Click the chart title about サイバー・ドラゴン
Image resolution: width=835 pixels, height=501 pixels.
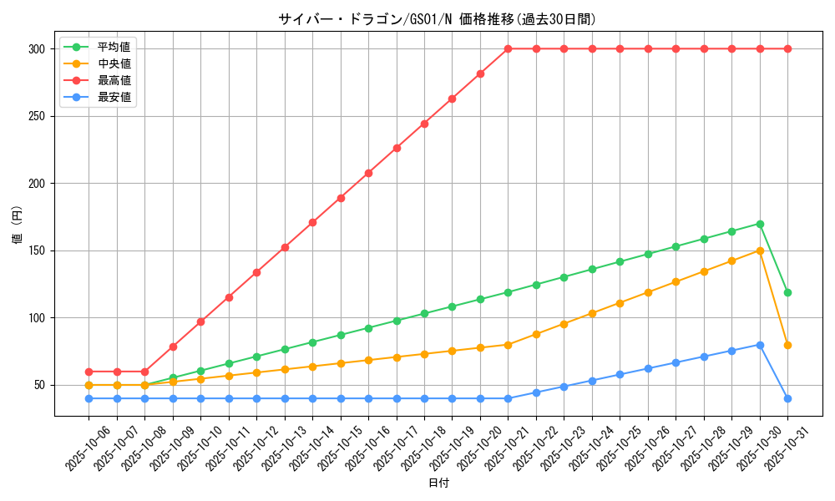pos(437,19)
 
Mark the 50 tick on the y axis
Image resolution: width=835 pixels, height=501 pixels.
pos(38,385)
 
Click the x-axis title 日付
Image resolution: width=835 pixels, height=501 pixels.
pos(438,483)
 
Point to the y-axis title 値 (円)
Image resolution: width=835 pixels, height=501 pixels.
pos(17,225)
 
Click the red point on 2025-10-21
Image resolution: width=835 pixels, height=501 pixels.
pos(508,48)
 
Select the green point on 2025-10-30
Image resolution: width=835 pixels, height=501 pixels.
pos(760,224)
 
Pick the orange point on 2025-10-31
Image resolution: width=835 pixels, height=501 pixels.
pos(787,345)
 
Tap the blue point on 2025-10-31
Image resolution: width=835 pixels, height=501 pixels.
pos(787,398)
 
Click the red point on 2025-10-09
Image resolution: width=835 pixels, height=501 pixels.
pos(173,347)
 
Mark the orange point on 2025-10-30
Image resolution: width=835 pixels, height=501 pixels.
pos(760,250)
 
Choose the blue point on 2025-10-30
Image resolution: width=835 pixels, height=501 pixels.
pos(760,345)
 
